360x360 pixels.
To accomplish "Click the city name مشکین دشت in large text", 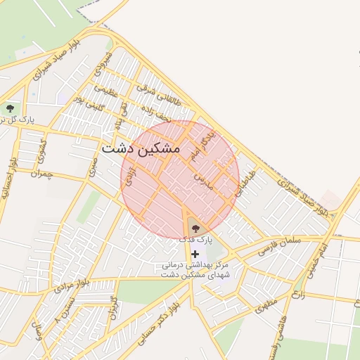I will tap(141, 149).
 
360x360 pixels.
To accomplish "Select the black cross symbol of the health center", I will tap(195, 253).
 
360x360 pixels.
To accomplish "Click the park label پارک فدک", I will tap(195, 240).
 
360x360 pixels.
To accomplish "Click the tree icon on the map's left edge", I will tap(10, 108).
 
